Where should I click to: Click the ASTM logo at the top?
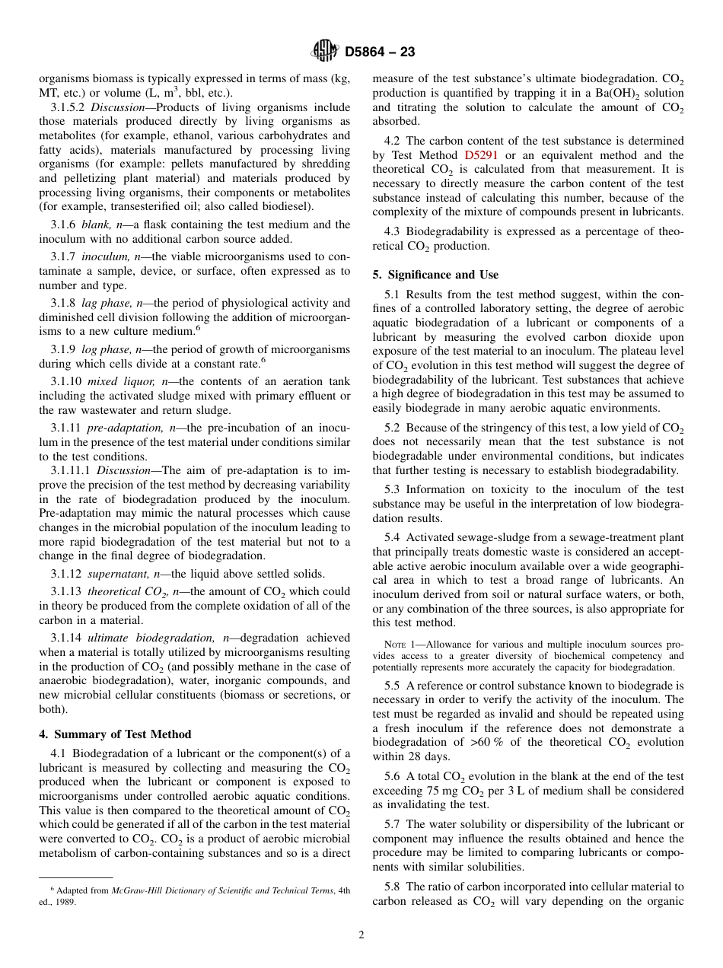click(325, 52)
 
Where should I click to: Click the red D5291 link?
click(480, 155)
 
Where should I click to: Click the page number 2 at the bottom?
click(361, 935)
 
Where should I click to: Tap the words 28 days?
click(428, 756)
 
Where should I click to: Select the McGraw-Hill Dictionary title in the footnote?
click(220, 890)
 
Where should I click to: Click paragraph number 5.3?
click(393, 489)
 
